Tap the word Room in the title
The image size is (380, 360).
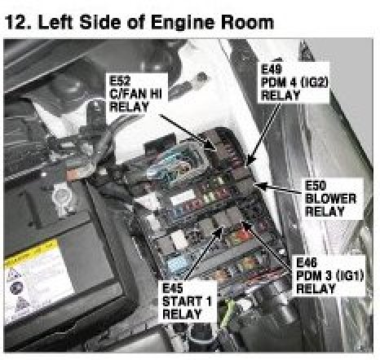tap(247, 22)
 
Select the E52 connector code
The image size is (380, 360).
tap(120, 81)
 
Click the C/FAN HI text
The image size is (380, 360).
tap(135, 94)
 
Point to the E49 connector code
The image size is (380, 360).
tap(271, 69)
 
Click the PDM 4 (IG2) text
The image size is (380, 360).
tap(294, 82)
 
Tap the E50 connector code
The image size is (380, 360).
tap(316, 186)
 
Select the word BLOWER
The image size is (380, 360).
tap(330, 199)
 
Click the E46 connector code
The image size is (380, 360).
tap(307, 262)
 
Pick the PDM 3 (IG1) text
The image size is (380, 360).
tap(329, 275)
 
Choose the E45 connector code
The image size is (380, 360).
tap(173, 288)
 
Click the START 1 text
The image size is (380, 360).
tap(187, 301)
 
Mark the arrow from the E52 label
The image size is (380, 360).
tap(188, 132)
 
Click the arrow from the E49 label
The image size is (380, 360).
tap(264, 134)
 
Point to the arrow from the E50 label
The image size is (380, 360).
tap(279, 188)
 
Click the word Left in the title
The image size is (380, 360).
tap(55, 22)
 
